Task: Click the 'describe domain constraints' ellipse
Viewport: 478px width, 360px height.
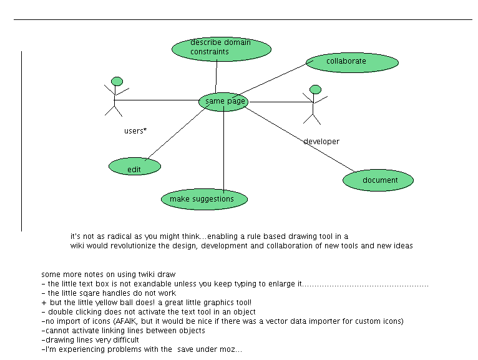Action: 221,49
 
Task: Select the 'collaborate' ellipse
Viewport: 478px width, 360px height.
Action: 352,62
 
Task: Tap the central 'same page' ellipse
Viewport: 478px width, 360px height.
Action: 223,102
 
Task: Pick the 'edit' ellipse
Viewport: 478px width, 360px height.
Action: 134,167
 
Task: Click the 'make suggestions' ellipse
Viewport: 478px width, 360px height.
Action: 204,200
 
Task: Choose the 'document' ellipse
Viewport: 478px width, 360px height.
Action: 378,180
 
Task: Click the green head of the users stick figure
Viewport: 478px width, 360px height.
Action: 117,81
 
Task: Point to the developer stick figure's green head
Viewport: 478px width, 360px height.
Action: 315,89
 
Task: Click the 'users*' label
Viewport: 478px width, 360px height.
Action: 135,131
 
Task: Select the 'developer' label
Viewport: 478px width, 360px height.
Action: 321,142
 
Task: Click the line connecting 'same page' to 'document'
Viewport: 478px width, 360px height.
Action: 300,139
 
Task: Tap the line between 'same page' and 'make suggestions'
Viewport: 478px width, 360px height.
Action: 223,150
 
